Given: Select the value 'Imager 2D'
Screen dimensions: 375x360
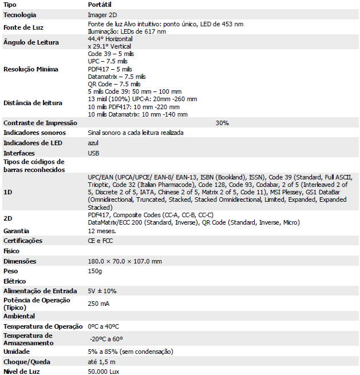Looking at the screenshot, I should click(x=102, y=14).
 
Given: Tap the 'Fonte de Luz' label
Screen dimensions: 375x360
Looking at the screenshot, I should click(x=23, y=27).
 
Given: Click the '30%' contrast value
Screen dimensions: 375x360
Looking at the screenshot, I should click(x=222, y=123).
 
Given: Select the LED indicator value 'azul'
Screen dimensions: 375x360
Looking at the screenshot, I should click(x=94, y=143).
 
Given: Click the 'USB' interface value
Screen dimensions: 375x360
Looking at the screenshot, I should click(x=94, y=153).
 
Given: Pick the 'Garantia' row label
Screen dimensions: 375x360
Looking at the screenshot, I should click(x=16, y=230).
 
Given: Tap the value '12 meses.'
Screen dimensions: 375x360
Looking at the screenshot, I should click(x=102, y=230).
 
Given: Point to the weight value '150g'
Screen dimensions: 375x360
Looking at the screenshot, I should click(x=94, y=271).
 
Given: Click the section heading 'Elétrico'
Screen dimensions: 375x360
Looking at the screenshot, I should click(x=15, y=281).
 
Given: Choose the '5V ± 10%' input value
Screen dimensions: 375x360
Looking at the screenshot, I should click(x=102, y=291).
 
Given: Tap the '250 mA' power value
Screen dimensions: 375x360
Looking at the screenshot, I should click(x=98, y=304).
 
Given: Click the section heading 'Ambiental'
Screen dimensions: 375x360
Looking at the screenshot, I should click(x=19, y=316).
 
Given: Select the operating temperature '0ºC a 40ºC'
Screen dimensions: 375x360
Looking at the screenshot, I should click(x=104, y=326).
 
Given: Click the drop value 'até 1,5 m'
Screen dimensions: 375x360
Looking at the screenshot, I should click(x=101, y=362).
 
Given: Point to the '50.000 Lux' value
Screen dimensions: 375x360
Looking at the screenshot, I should click(x=104, y=372).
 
